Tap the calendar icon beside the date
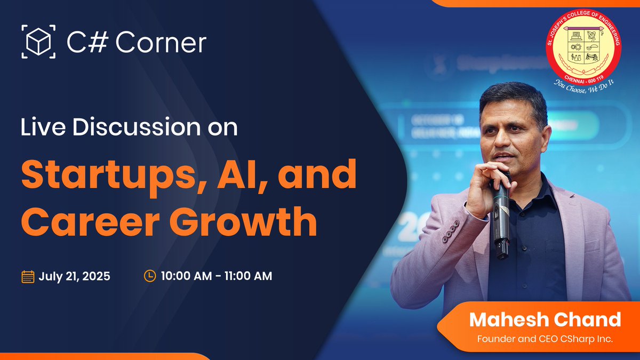tap(28, 276)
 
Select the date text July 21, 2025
tap(74, 276)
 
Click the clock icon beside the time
tap(150, 276)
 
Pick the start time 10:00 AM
tap(185, 276)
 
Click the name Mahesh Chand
tap(545, 319)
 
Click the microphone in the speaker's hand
tap(501, 213)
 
